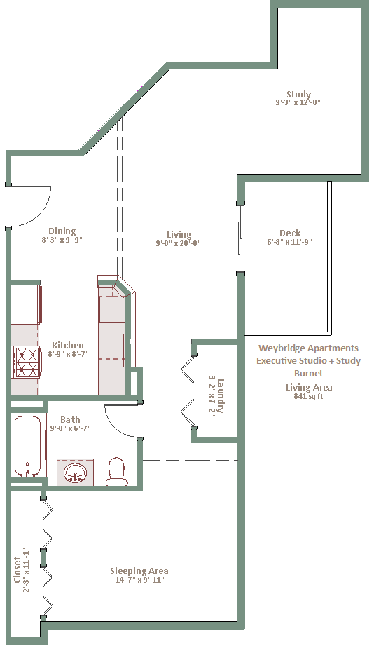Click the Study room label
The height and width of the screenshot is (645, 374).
299,94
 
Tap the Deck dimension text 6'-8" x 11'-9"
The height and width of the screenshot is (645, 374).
290,242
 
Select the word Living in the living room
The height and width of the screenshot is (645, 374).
179,234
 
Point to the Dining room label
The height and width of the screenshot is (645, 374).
62,231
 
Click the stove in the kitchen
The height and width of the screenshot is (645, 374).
27,362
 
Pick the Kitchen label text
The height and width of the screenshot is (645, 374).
68,345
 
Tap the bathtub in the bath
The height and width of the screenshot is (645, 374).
28,447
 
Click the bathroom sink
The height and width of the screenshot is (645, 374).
75,472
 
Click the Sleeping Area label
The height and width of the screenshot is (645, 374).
139,571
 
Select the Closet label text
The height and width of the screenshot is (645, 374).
17,570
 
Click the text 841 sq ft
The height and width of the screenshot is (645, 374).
308,397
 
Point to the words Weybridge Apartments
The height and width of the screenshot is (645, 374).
308,348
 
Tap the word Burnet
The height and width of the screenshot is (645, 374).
308,373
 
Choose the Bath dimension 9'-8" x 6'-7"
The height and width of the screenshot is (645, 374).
70,428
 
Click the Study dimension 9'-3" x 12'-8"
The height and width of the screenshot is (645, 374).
298,102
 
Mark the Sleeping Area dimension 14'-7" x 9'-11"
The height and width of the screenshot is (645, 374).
139,580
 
